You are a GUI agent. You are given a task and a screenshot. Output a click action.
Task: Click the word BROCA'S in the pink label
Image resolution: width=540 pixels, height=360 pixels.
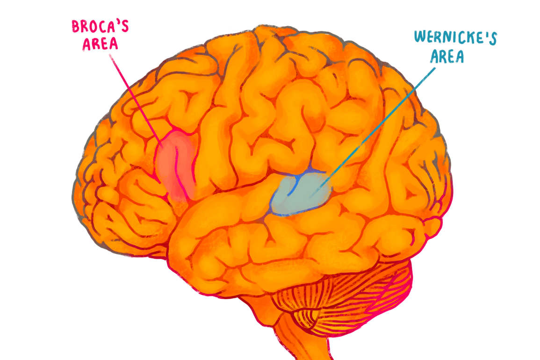point(100,27)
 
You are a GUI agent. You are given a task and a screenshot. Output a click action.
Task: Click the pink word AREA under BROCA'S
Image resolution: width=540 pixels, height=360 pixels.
point(100,44)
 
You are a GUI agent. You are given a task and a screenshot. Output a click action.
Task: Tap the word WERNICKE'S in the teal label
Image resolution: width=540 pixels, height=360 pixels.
point(455,38)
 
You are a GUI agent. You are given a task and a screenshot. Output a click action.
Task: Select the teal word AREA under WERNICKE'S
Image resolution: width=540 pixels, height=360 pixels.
point(447,57)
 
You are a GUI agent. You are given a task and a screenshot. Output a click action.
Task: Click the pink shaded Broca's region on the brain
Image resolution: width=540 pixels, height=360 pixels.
point(176,166)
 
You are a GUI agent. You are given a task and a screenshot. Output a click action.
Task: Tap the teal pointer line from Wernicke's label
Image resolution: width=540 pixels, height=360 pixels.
point(373,133)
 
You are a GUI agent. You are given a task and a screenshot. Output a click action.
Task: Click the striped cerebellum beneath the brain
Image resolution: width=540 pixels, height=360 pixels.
point(345,296)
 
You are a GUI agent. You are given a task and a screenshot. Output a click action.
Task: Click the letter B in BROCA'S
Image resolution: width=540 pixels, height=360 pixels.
point(75,27)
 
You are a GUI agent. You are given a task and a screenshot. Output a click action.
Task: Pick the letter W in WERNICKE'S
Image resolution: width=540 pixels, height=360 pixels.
point(420,36)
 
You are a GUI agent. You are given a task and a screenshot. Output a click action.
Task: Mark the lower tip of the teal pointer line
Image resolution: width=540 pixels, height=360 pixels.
point(310,198)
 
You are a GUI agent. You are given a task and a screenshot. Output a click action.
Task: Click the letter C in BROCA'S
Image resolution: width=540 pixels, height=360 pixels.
point(102,27)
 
